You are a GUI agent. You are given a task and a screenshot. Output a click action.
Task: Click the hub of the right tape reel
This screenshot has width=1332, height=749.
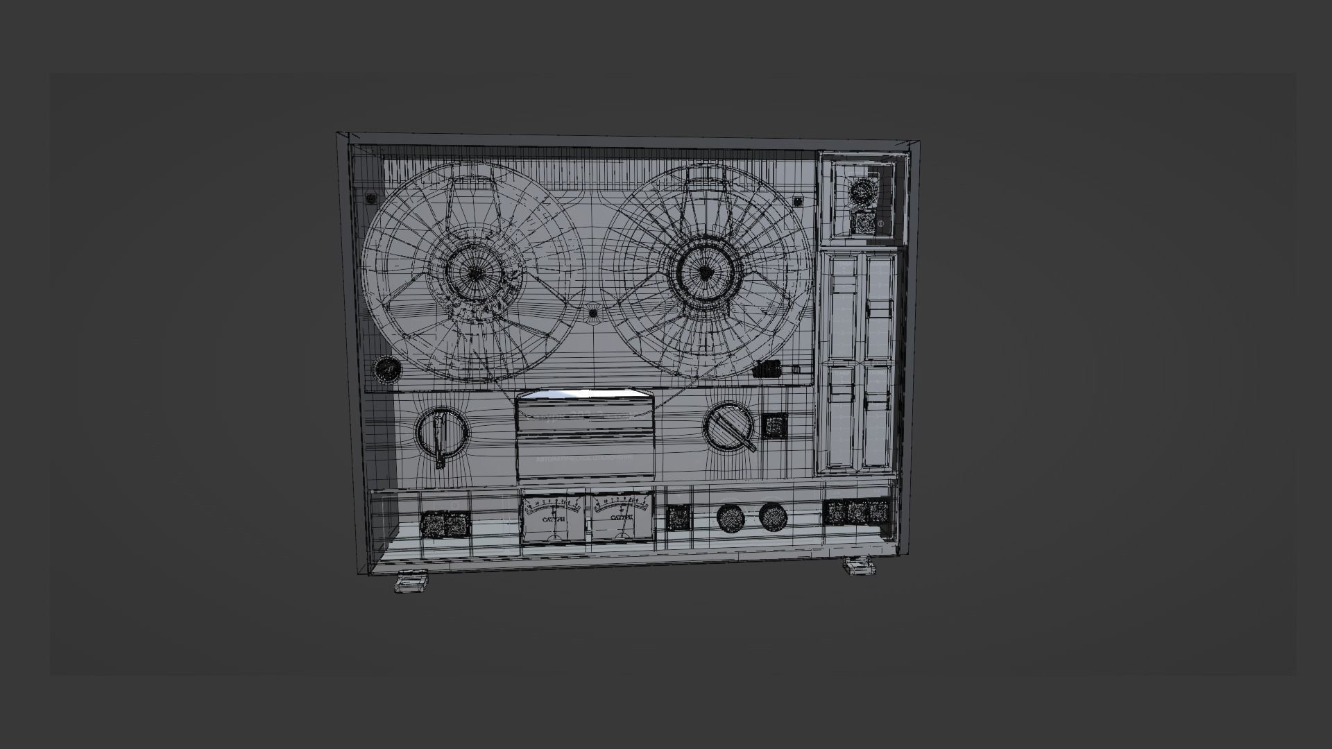[704, 271]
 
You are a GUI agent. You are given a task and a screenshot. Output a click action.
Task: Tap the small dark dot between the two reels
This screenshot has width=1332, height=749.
[592, 313]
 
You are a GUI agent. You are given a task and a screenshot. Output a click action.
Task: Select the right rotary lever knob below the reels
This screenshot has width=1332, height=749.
[728, 426]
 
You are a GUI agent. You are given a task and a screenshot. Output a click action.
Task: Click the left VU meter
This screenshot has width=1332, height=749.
[553, 519]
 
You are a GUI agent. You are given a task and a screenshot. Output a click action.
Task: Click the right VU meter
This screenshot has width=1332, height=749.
[621, 517]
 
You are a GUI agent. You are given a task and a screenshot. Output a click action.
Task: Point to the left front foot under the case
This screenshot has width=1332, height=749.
[411, 580]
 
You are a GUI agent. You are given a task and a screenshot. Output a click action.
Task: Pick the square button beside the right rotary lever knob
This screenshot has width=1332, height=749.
[774, 425]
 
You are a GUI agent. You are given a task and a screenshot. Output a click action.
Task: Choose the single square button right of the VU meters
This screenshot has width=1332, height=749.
[678, 518]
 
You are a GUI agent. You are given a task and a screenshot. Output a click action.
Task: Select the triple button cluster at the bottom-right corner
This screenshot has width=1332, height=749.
[858, 513]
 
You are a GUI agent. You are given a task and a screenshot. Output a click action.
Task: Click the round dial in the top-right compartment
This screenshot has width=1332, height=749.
[862, 190]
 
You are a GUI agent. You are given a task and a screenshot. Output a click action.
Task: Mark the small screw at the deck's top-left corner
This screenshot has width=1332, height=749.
[371, 200]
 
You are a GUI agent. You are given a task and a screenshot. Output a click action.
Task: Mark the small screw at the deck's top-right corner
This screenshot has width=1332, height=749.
[798, 201]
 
